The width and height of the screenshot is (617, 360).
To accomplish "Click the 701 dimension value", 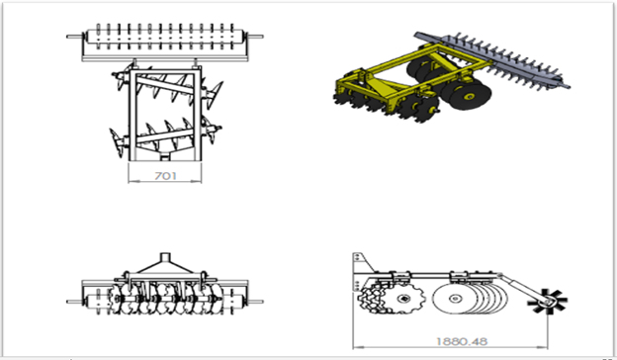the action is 165,176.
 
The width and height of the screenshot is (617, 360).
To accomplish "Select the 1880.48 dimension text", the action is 462,341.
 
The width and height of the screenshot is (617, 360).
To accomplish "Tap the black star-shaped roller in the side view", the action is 547,302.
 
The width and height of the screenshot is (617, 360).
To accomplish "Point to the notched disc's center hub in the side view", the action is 403,300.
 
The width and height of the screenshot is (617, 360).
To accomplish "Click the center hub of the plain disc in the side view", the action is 455,299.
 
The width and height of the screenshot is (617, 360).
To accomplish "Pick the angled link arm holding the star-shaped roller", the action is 521,287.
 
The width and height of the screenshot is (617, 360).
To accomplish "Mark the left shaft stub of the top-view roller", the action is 75,37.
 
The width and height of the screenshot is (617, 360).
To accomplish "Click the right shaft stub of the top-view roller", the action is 254,37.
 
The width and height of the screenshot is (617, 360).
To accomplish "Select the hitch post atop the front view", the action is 165,258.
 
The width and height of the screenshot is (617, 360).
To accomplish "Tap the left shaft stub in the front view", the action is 75,302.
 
